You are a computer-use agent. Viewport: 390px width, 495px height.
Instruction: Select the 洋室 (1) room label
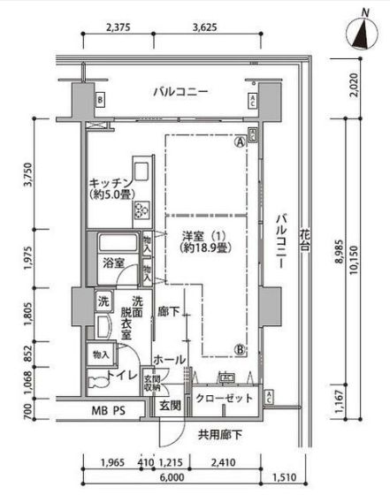[x=200, y=237]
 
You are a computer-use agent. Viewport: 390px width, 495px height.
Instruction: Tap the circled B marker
[x=239, y=347]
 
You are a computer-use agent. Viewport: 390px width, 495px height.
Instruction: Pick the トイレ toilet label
[x=121, y=375]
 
